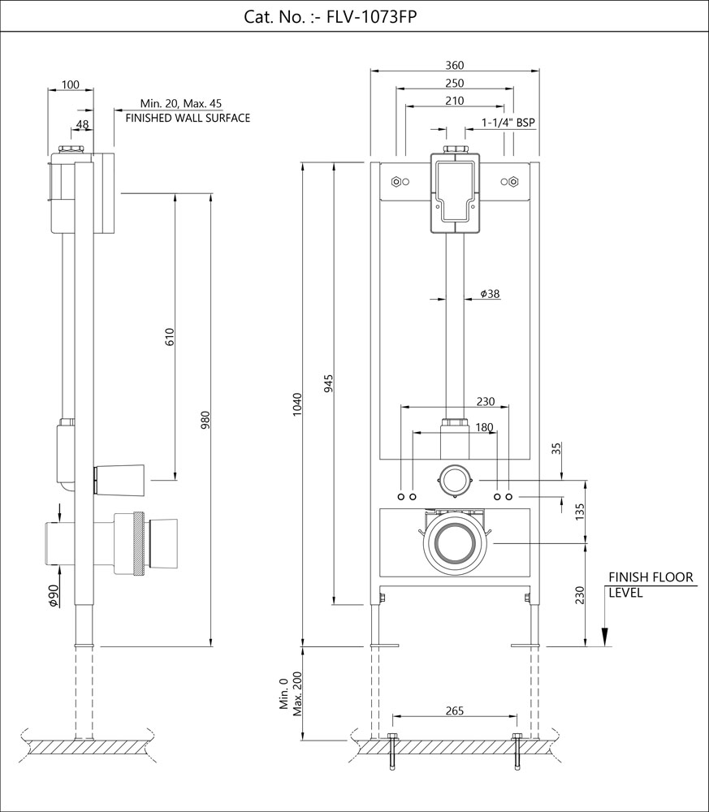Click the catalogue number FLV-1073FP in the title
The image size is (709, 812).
371,17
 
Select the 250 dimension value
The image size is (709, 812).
454,84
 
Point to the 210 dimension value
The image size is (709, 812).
454,101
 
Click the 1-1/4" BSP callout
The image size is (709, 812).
508,123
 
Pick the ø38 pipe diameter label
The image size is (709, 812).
490,294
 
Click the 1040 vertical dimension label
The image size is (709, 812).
296,404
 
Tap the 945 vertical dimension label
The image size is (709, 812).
329,383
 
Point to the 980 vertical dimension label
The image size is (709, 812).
205,421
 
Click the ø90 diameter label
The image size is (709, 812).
53,594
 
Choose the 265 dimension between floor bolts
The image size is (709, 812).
454,711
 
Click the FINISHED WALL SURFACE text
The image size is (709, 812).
188,118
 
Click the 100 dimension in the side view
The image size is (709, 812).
71,84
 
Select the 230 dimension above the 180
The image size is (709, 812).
485,400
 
